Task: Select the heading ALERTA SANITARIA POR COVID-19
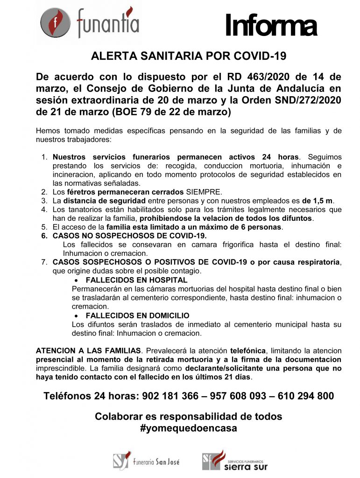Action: [188, 56]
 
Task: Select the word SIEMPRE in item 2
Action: [205, 192]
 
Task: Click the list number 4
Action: [44, 210]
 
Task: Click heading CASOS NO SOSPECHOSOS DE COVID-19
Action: [129, 236]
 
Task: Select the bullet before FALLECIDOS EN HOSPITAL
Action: [77, 280]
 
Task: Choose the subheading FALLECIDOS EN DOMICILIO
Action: [137, 316]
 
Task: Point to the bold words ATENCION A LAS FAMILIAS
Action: [89, 350]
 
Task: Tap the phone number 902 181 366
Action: [168, 396]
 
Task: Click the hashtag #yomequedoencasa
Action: [188, 428]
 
